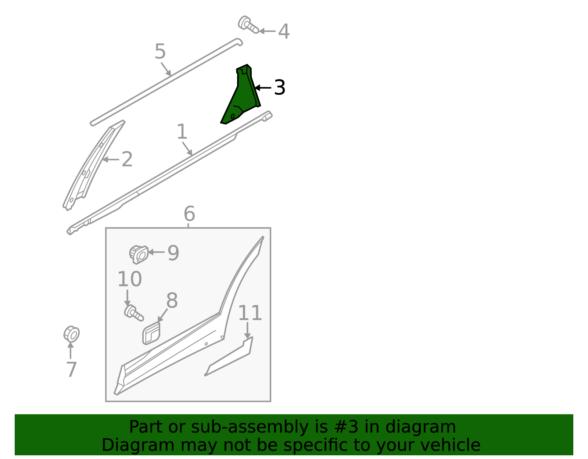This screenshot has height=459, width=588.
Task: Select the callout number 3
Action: coord(280,87)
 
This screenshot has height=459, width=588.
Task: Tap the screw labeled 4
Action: coord(248,25)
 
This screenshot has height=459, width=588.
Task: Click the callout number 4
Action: coord(284,31)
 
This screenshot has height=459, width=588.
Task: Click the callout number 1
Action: coord(182,132)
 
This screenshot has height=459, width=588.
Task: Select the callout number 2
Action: coord(127,159)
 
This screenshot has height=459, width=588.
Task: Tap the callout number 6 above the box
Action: coord(189,214)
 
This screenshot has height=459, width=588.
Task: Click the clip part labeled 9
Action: coord(139,255)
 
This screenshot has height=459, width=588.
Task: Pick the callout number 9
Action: coord(173,253)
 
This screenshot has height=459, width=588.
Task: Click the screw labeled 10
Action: coord(134,313)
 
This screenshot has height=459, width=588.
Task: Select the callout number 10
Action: coord(130,279)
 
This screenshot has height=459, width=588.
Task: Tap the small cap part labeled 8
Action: coord(151,333)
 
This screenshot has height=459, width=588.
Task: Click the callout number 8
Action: coord(172,300)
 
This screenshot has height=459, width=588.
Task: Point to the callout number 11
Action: coord(250,313)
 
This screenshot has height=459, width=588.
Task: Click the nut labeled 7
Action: coord(71,334)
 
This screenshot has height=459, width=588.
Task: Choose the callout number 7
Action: coord(71,369)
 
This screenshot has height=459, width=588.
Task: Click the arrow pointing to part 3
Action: coord(263,87)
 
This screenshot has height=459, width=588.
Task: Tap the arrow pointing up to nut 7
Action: coord(71,351)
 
